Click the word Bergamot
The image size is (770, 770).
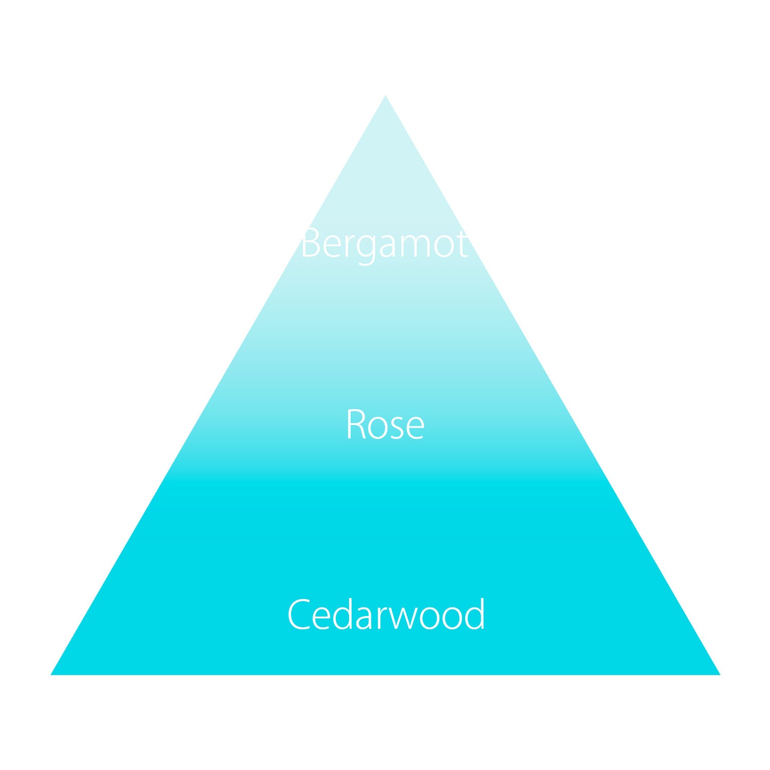click(384, 244)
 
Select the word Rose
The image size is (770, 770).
click(385, 425)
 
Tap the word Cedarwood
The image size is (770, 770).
click(386, 614)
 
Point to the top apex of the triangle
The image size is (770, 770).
click(385, 96)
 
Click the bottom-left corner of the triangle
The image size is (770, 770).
click(52, 674)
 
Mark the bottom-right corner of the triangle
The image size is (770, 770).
click(718, 674)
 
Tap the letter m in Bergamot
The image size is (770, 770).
click(415, 247)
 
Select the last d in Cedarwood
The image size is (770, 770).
click(474, 614)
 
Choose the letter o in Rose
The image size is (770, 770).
click(377, 428)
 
